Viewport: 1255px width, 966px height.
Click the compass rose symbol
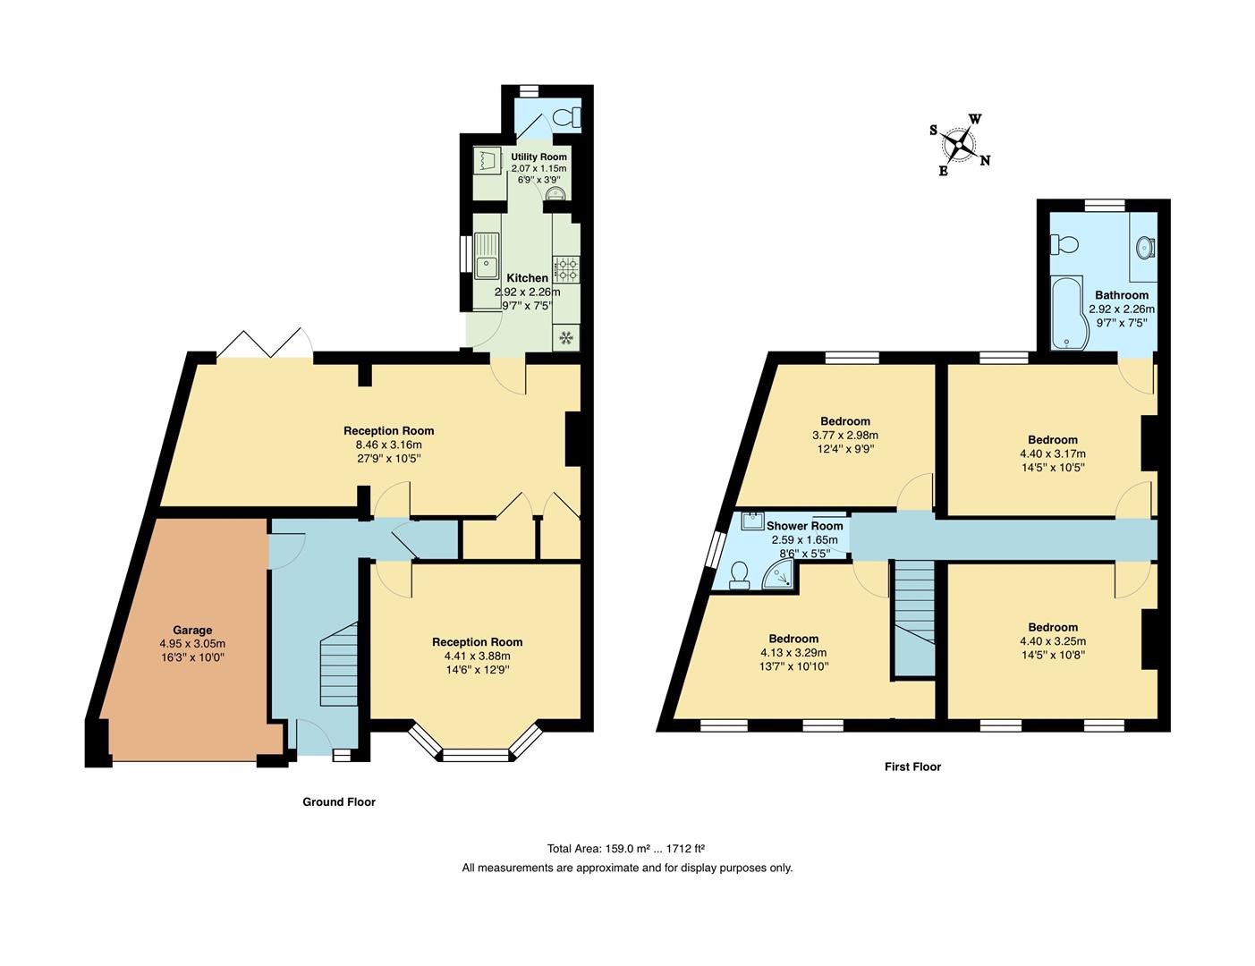click(x=960, y=143)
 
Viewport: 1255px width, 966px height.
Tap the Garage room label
click(x=192, y=630)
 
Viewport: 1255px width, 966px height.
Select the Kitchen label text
click(x=527, y=278)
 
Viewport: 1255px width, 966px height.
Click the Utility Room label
click(x=538, y=157)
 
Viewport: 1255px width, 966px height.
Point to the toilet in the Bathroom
click(x=1065, y=244)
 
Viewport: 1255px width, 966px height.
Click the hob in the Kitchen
click(x=566, y=265)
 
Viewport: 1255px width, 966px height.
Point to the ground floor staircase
click(x=338, y=662)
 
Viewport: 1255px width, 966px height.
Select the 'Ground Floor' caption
click(x=338, y=802)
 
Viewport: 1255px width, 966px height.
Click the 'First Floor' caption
click(x=912, y=767)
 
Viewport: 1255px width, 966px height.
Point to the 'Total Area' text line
click(x=627, y=849)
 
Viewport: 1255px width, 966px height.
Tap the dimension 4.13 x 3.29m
click(x=793, y=652)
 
